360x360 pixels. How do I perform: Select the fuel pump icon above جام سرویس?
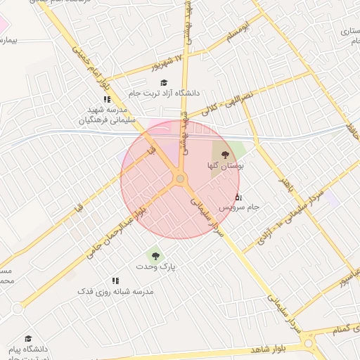(x=238, y=196)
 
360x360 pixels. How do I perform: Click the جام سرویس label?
(x=239, y=208)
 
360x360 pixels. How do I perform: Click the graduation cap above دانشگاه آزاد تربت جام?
(x=163, y=82)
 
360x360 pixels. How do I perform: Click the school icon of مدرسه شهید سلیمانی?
(x=106, y=99)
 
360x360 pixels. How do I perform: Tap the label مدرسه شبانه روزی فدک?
(x=115, y=291)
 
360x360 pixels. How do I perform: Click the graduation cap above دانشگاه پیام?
(x=28, y=338)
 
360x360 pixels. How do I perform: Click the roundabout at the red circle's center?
(x=180, y=179)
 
